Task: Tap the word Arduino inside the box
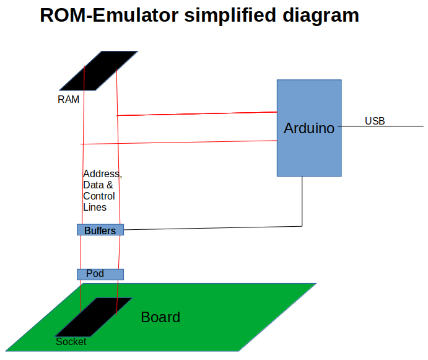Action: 308,128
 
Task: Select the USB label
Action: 374,121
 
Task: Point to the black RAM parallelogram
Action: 99,70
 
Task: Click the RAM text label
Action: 68,99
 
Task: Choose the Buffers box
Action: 100,230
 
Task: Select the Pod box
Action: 100,274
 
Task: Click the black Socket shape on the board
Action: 93,317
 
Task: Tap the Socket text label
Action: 71,341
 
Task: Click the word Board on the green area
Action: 160,317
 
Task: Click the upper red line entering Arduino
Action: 198,113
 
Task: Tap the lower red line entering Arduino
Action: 186,142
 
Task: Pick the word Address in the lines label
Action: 102,174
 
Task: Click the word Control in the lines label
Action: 98,196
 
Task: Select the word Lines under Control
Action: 95,208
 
